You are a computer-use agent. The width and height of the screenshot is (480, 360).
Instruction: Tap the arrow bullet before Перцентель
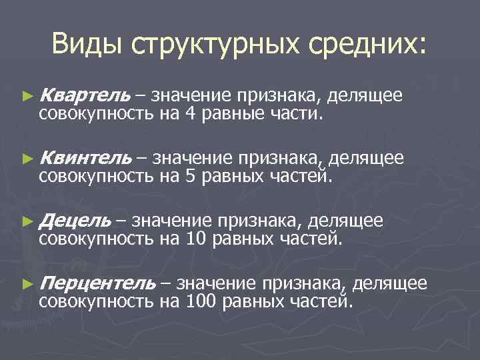tap(27, 284)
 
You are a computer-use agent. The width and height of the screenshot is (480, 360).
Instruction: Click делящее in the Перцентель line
tap(389, 283)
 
